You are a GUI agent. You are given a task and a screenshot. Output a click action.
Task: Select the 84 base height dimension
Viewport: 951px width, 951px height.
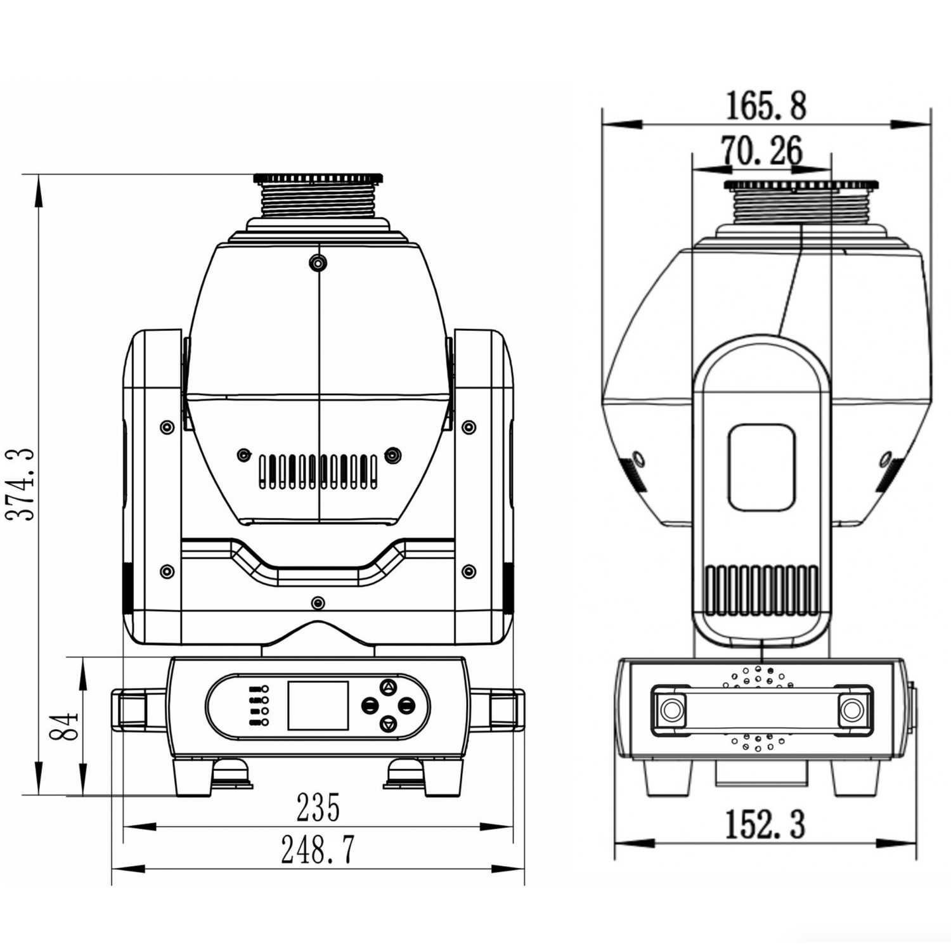pyautogui.click(x=65, y=726)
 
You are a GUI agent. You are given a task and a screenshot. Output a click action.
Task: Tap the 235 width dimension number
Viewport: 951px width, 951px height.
pyautogui.click(x=318, y=808)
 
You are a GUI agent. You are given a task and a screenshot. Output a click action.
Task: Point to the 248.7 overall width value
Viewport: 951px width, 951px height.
pyautogui.click(x=318, y=850)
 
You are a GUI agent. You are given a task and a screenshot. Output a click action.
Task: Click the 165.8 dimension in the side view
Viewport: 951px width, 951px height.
pyautogui.click(x=765, y=106)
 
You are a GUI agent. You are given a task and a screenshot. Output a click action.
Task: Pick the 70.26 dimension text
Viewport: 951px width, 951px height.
pyautogui.click(x=762, y=151)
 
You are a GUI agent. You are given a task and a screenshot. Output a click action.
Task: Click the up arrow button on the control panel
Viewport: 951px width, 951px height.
pyautogui.click(x=388, y=687)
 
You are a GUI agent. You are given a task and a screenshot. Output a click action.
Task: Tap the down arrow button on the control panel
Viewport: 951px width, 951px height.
pyautogui.click(x=388, y=723)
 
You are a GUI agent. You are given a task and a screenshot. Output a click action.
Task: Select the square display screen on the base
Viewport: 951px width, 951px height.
pyautogui.click(x=318, y=706)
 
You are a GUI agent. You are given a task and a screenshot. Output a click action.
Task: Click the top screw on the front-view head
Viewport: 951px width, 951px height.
pyautogui.click(x=318, y=262)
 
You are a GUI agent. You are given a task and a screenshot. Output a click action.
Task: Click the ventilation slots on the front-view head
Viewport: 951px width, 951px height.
pyautogui.click(x=318, y=472)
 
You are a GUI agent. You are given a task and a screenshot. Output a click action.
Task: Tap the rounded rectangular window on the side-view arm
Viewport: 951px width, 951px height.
pyautogui.click(x=761, y=468)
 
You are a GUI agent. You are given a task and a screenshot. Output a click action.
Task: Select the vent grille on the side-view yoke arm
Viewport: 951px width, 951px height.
pyautogui.click(x=762, y=590)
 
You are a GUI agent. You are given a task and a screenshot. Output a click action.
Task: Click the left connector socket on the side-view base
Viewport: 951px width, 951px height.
pyautogui.click(x=672, y=710)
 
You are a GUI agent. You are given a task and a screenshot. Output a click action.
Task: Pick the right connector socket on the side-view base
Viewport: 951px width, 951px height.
pyautogui.click(x=851, y=710)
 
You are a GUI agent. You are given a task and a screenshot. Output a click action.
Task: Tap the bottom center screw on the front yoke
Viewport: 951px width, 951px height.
pyautogui.click(x=318, y=602)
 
